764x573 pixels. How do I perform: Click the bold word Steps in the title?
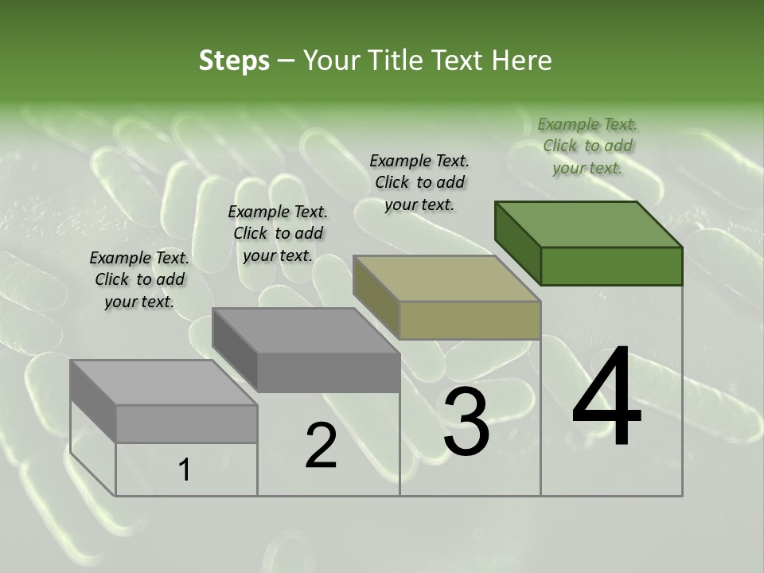pyautogui.click(x=234, y=60)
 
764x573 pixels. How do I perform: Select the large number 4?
pyautogui.click(x=606, y=398)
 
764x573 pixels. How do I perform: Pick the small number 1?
pyautogui.click(x=185, y=470)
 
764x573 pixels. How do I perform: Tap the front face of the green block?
pyautogui.click(x=611, y=266)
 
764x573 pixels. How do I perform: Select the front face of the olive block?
pyautogui.click(x=470, y=320)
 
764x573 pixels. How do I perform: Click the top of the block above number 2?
pyautogui.click(x=306, y=330)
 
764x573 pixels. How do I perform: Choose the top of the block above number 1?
pyautogui.click(x=164, y=383)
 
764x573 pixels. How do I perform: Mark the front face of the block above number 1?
pyautogui.click(x=186, y=423)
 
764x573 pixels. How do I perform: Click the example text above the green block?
pyautogui.click(x=587, y=146)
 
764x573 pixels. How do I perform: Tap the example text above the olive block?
pyautogui.click(x=419, y=182)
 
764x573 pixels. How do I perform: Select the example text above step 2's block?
pyautogui.click(x=278, y=233)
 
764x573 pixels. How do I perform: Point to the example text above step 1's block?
pyautogui.click(x=139, y=279)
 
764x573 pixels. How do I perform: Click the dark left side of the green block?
pyautogui.click(x=517, y=243)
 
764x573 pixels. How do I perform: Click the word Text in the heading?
pyautogui.click(x=457, y=60)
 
